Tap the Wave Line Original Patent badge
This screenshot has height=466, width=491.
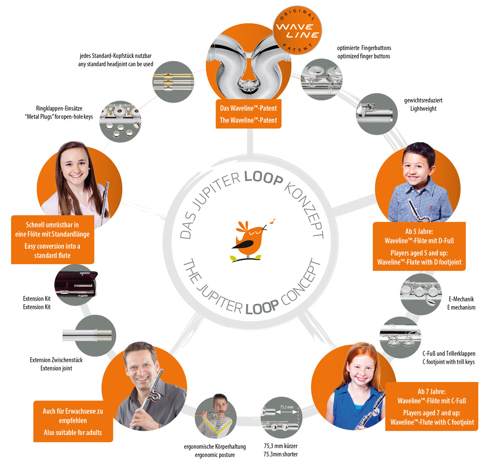(297, 30)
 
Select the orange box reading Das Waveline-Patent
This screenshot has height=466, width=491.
(248, 114)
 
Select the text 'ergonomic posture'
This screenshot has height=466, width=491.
(215, 455)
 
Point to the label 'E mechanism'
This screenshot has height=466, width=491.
(461, 307)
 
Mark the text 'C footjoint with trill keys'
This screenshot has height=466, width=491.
(448, 362)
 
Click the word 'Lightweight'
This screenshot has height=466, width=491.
(423, 109)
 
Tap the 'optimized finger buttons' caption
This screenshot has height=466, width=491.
(364, 56)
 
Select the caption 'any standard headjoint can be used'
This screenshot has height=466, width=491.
(115, 64)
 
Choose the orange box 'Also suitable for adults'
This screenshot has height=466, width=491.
(73, 432)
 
